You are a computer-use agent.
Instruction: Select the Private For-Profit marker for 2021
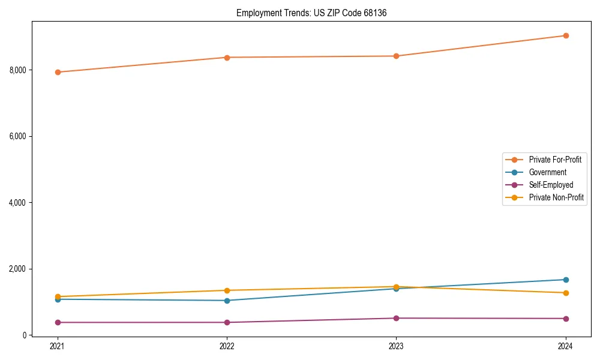(x=58, y=72)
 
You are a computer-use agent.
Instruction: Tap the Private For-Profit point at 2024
(x=566, y=35)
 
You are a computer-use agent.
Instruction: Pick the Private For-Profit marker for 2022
(x=227, y=58)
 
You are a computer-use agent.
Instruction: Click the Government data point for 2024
(x=566, y=280)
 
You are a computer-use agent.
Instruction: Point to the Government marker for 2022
(x=227, y=301)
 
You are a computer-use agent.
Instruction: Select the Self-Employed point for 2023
(x=396, y=318)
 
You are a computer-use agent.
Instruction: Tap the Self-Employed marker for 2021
(x=58, y=322)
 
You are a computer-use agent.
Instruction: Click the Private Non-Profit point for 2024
(x=566, y=293)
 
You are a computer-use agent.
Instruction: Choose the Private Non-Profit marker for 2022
(x=227, y=290)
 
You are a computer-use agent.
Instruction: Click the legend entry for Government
(x=547, y=172)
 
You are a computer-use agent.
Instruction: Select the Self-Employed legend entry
(x=551, y=185)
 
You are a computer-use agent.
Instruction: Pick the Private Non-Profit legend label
(x=556, y=197)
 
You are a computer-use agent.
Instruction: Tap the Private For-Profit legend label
(x=555, y=160)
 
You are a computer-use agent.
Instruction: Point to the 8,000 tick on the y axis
(x=18, y=70)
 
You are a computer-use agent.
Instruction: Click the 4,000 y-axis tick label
(x=18, y=203)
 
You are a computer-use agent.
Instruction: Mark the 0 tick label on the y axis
(x=25, y=335)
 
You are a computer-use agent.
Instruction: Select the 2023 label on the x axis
(x=396, y=346)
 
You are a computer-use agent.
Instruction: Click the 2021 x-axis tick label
(x=58, y=346)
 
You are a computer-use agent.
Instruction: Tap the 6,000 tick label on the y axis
(x=18, y=136)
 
